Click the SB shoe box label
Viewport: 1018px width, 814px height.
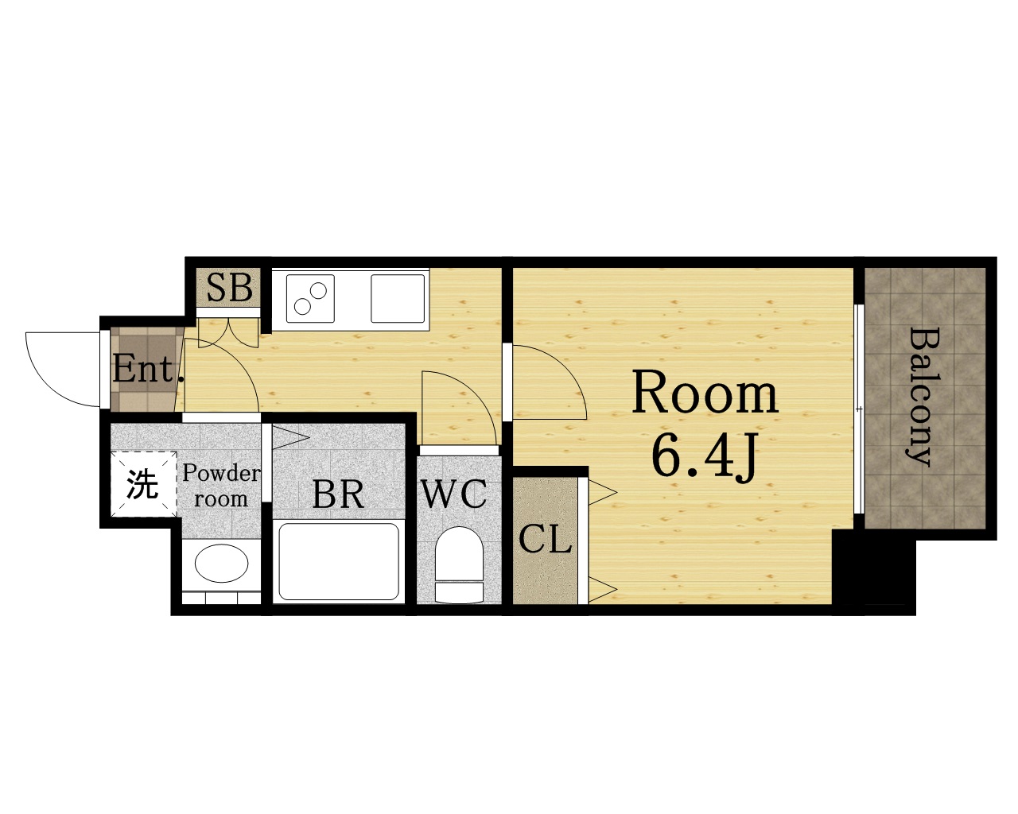(229, 287)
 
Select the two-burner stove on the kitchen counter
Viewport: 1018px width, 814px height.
(310, 298)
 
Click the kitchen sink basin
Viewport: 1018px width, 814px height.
(398, 298)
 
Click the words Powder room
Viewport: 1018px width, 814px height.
(221, 486)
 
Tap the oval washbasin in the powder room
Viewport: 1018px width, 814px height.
(221, 564)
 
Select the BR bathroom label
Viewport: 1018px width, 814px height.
(338, 494)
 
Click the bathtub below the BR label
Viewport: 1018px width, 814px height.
(339, 561)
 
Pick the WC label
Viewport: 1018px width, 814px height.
(453, 494)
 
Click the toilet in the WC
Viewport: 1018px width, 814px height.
(459, 566)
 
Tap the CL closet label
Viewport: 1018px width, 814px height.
(545, 539)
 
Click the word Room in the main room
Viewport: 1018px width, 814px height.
(705, 394)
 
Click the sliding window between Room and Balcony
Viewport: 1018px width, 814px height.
(860, 409)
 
